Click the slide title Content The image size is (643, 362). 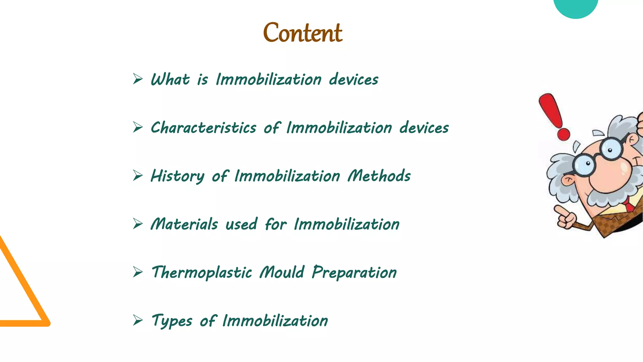click(302, 33)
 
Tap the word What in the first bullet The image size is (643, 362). click(170, 79)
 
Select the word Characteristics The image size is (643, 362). click(203, 128)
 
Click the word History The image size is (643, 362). click(177, 176)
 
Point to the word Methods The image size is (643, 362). click(379, 176)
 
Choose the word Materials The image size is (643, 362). click(184, 224)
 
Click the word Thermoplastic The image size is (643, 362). click(202, 272)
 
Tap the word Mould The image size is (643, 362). click(282, 272)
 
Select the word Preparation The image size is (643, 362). click(354, 272)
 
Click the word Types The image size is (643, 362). click(172, 321)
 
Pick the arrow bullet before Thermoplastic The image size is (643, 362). click(138, 272)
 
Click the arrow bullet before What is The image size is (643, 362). click(138, 79)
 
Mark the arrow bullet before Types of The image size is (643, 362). click(138, 320)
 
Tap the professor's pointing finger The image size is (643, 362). click(560, 211)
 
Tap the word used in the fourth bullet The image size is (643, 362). click(241, 224)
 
